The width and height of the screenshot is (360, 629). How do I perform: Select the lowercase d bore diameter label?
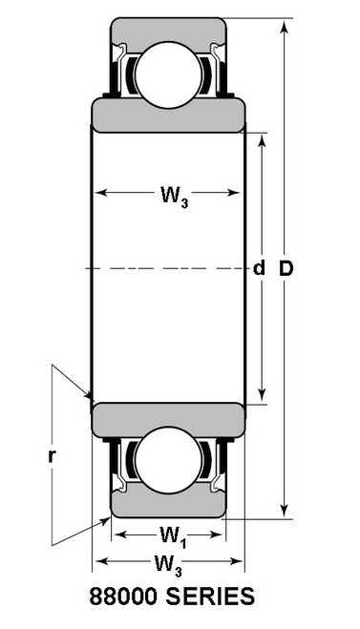[x=258, y=269]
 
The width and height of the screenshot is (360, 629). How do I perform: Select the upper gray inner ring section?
[x=168, y=113]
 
